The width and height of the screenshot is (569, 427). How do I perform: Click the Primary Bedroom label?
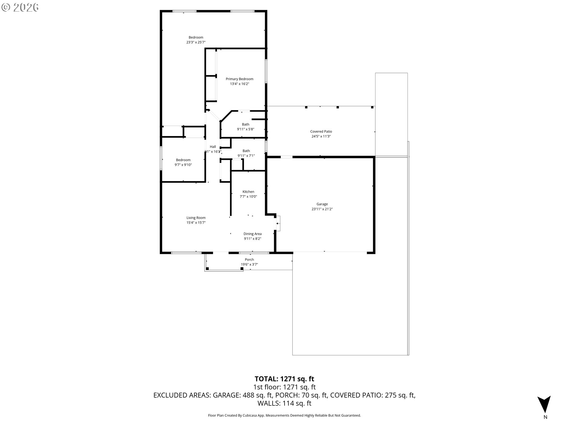[239, 79]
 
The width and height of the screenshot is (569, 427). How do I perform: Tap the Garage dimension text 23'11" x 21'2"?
[322, 209]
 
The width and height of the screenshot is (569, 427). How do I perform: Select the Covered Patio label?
[321, 131]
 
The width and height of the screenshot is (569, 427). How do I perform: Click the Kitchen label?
[248, 192]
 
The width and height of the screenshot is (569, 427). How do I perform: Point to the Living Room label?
[196, 218]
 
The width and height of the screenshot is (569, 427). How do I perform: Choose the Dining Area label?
[252, 234]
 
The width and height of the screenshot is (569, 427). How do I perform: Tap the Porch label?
[249, 259]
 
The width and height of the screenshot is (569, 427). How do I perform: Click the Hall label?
[213, 146]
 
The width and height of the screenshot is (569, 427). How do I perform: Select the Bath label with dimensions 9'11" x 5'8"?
[245, 124]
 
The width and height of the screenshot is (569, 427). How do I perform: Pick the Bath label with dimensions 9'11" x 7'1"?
[246, 151]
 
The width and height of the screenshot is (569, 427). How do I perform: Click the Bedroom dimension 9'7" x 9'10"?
[183, 165]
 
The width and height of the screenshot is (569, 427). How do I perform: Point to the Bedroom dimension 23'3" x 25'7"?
[196, 42]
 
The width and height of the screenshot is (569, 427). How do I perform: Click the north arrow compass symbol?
[544, 404]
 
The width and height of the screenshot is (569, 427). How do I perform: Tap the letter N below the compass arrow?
[545, 417]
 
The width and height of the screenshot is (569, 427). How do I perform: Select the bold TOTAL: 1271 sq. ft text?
[284, 379]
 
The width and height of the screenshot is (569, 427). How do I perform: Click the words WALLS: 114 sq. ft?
[284, 403]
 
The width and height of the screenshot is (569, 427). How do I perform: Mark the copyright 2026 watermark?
[20, 7]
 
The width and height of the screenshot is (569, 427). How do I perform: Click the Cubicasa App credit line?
[284, 415]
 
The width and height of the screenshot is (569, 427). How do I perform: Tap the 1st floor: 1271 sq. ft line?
[284, 387]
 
